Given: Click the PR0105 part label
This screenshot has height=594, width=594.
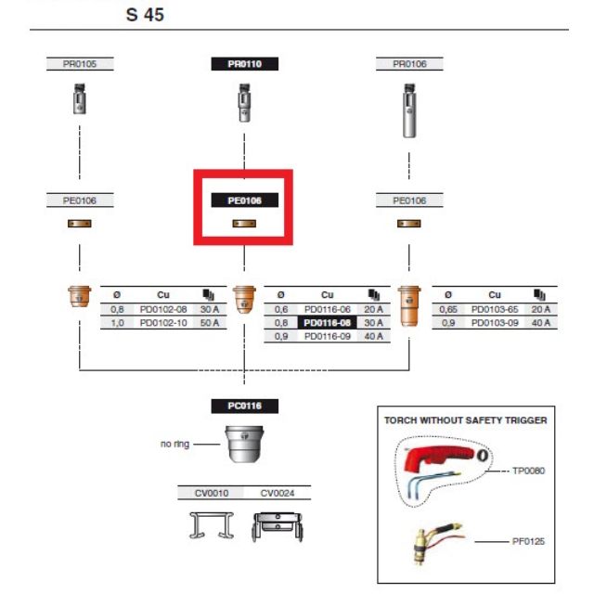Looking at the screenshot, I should point(79,64).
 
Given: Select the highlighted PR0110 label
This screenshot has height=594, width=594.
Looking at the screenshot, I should point(245,64).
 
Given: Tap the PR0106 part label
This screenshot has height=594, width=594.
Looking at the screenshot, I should point(409,64).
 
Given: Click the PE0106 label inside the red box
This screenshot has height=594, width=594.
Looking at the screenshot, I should point(245,200).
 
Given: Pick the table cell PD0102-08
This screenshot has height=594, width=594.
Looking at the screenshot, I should point(162,309).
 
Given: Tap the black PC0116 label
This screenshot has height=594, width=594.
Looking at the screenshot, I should point(245,406).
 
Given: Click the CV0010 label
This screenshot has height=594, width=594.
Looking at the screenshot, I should point(211,493).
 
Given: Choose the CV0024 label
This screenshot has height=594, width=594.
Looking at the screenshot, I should point(278,493).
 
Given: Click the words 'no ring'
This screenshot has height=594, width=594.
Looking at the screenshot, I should point(174,445).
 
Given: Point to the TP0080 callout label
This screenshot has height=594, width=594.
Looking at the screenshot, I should point(528,471).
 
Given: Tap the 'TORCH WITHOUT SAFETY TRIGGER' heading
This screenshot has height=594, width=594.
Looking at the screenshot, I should point(465,420).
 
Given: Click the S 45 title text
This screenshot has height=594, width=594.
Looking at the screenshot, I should point(146,16).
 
